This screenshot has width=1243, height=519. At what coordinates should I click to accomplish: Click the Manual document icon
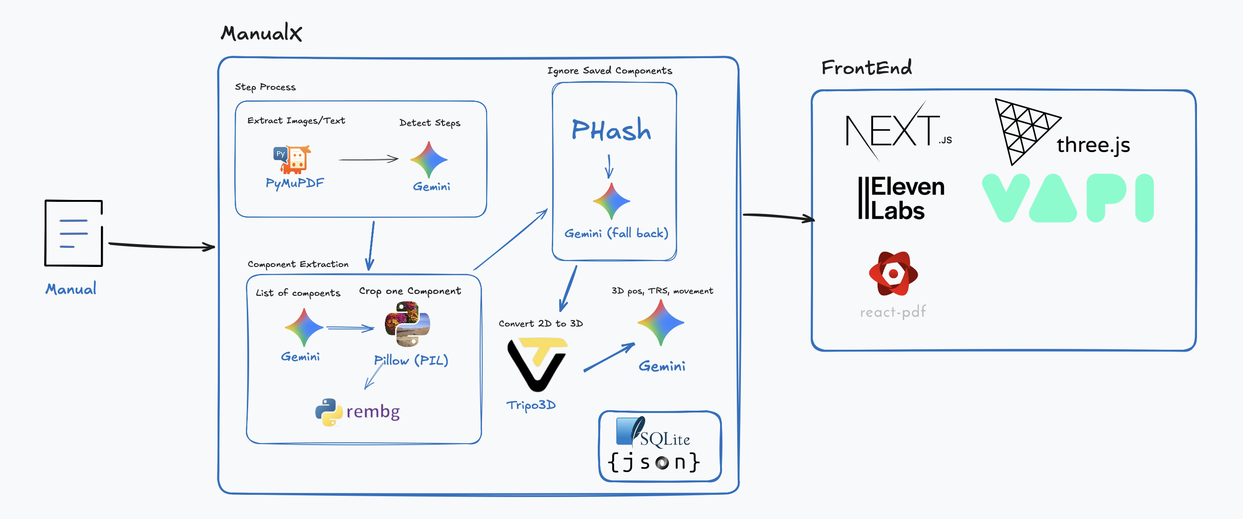[73, 233]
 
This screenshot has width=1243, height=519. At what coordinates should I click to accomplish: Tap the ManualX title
[261, 33]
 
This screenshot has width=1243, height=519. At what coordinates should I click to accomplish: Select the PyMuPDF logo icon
[292, 160]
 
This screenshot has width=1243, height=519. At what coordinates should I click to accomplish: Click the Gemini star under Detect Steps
[429, 160]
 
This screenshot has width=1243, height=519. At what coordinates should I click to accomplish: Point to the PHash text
[611, 130]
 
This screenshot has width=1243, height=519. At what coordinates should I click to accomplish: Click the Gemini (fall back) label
[616, 233]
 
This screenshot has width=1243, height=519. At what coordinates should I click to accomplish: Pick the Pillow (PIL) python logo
[407, 324]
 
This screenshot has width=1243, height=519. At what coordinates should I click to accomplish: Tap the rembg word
[373, 411]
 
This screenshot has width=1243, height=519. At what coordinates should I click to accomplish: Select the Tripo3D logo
[536, 364]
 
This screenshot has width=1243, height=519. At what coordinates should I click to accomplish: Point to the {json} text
[654, 462]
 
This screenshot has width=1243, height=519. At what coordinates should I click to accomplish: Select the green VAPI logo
[1067, 199]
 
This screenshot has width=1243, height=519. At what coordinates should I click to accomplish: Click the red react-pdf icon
[893, 274]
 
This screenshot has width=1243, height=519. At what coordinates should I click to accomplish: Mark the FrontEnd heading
[866, 67]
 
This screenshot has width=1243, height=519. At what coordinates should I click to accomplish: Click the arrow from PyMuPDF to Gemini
[369, 160]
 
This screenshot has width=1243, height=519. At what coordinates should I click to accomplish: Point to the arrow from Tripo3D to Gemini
[609, 358]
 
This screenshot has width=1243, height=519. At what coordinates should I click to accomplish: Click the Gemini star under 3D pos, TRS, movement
[661, 322]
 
